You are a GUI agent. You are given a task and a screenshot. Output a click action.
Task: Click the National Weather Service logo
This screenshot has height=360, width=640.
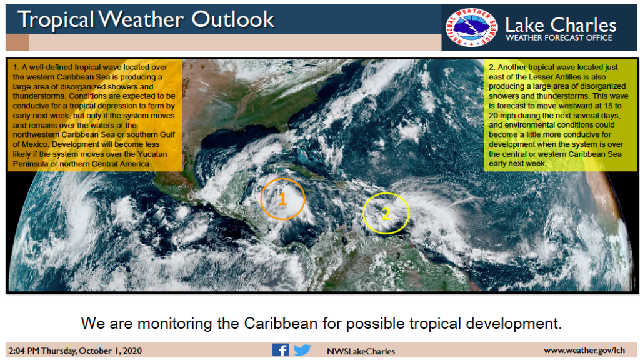tap(471, 27)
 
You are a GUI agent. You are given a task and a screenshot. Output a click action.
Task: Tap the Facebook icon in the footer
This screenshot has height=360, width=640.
tap(281, 350)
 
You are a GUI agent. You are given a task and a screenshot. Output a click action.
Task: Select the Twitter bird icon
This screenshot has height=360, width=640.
tap(302, 350)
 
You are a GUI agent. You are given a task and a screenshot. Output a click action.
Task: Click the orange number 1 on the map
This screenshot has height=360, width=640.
tap(282, 199)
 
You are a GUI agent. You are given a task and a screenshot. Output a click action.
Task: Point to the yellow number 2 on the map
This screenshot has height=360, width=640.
tap(386, 213)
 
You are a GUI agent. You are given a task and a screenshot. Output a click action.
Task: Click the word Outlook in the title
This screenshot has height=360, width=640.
tap(232, 19)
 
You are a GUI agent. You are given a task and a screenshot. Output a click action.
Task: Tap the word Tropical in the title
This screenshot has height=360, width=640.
tap(56, 19)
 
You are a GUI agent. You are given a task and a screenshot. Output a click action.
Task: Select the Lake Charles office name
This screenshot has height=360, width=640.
tap(561, 25)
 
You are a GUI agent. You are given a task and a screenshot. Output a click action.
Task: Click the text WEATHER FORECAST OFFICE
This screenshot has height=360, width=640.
tap(559, 38)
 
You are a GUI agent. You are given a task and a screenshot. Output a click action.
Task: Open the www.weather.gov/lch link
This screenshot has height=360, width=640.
tap(584, 350)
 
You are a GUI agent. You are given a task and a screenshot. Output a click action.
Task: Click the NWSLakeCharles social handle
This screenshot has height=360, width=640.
tap(361, 351)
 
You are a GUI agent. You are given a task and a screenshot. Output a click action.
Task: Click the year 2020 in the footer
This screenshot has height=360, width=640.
tap(131, 351)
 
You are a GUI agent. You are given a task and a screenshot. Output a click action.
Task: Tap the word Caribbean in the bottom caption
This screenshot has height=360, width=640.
tap(281, 323)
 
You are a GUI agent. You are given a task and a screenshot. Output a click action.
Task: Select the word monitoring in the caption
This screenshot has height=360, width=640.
tap(175, 324)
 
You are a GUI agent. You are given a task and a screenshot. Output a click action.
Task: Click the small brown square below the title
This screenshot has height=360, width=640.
tap(17, 42)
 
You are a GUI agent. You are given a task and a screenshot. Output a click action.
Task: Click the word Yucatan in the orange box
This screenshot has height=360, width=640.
tap(152, 154)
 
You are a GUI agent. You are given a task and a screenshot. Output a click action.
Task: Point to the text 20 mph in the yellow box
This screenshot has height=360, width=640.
tap(504, 116)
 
